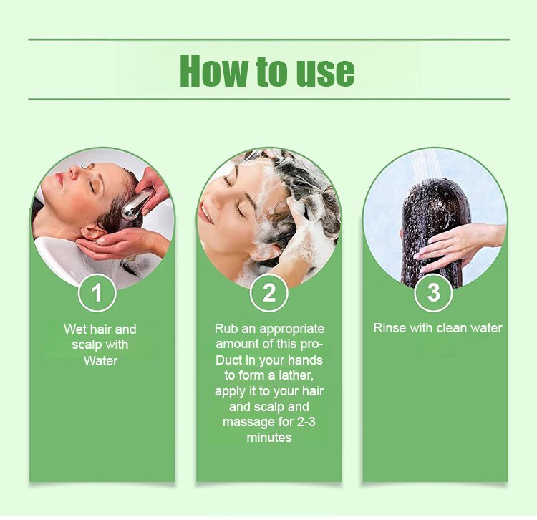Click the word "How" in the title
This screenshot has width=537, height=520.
(213, 71)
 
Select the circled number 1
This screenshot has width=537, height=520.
(97, 293)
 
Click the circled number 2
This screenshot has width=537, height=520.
(268, 293)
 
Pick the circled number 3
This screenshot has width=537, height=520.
(434, 292)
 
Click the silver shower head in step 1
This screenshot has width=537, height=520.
(136, 205)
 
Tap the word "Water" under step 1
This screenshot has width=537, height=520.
(100, 361)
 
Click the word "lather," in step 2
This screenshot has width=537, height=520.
(296, 375)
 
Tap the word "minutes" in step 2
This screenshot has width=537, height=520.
(269, 438)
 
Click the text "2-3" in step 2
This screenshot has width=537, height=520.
(306, 422)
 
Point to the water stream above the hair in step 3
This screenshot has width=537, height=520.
(425, 165)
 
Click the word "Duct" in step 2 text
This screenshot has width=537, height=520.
(227, 360)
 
